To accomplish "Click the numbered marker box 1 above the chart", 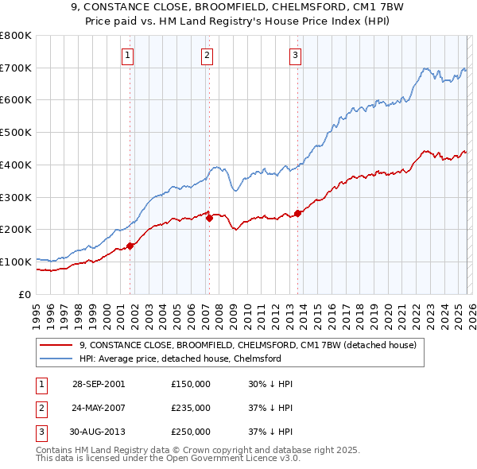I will pyautogui.click(x=129, y=55).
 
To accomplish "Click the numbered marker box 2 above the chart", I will pyautogui.click(x=207, y=55).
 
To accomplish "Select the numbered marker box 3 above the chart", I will pyautogui.click(x=295, y=55).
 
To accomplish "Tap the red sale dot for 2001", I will pyautogui.click(x=130, y=246).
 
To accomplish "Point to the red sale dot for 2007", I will pyautogui.click(x=209, y=219).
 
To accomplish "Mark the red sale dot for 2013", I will pyautogui.click(x=297, y=213).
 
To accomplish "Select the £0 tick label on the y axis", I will pyautogui.click(x=24, y=294).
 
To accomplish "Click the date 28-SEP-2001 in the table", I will pyautogui.click(x=98, y=384).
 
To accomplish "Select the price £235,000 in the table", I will pyautogui.click(x=191, y=408).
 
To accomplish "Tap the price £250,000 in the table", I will pyautogui.click(x=191, y=432).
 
